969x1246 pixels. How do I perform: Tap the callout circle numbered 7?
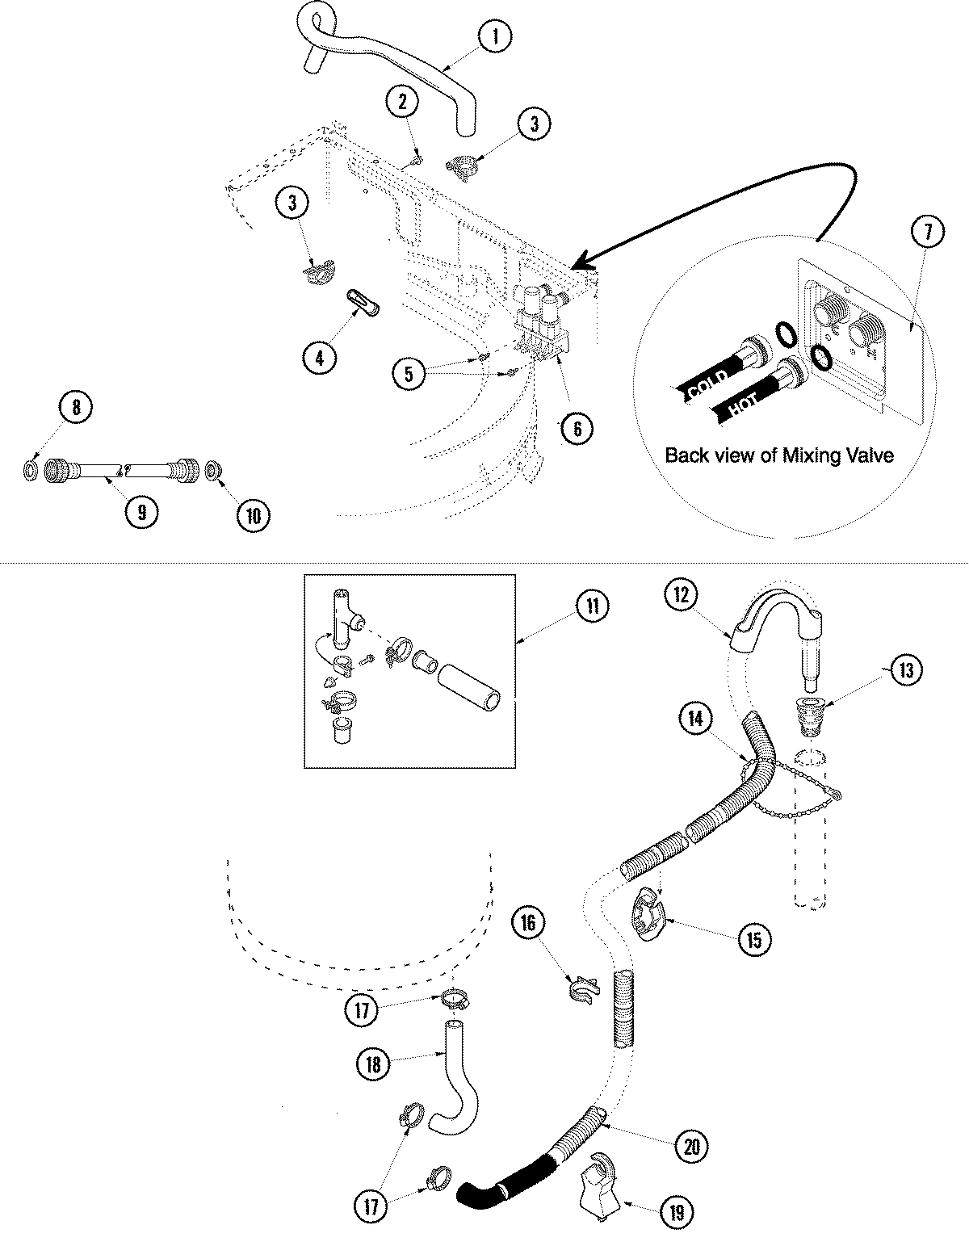pos(926,232)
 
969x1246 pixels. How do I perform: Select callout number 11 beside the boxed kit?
pos(593,606)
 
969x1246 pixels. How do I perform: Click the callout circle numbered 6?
pos(577,428)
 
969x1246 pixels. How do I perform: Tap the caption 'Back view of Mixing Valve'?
pos(779,455)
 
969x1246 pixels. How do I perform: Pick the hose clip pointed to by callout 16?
pos(581,989)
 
